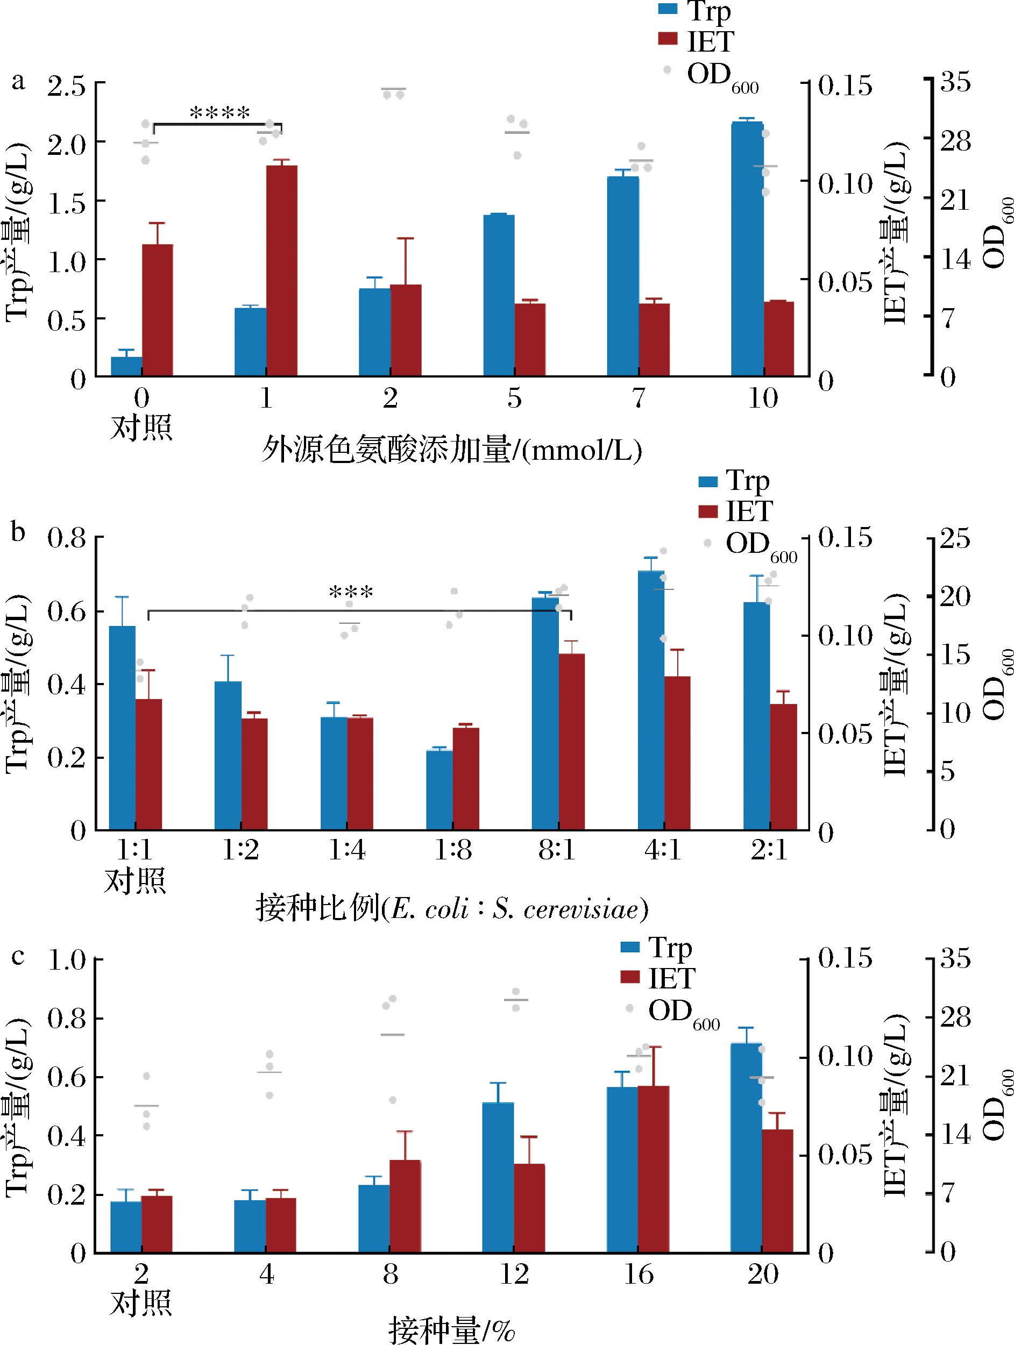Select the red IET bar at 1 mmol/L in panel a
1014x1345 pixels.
pyautogui.click(x=282, y=270)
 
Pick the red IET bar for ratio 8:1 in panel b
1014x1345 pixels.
pyautogui.click(x=571, y=742)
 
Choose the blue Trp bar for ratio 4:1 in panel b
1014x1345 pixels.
pyautogui.click(x=651, y=700)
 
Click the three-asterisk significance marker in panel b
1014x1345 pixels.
pyautogui.click(x=350, y=592)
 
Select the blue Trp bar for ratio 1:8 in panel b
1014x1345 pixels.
pyautogui.click(x=439, y=790)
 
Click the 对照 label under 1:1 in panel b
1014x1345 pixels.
pyautogui.click(x=135, y=880)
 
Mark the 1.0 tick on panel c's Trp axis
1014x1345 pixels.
pyautogui.click(x=66, y=960)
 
